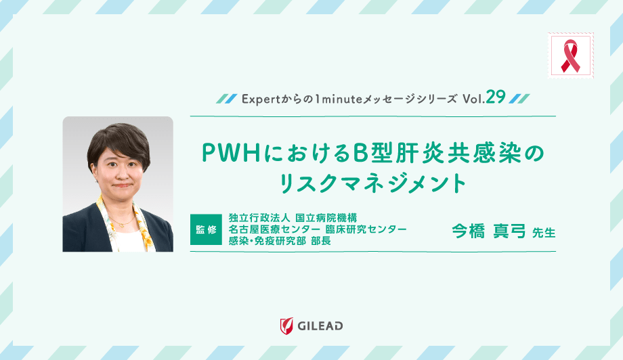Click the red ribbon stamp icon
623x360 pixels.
[x=570, y=55]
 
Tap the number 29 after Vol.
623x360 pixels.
[x=495, y=97]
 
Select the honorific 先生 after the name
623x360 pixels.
[x=544, y=232]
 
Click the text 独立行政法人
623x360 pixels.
[x=259, y=218]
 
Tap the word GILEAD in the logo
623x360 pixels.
[x=320, y=326]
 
